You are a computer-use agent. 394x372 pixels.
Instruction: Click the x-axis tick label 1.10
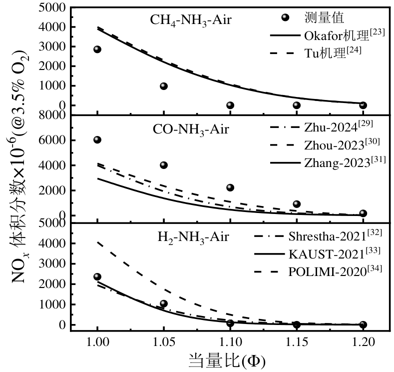click(230, 341)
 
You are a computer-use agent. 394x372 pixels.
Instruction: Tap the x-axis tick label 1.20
click(363, 341)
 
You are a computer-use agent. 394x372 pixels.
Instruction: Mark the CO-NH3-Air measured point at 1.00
click(97, 139)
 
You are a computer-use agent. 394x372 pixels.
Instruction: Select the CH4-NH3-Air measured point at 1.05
click(164, 86)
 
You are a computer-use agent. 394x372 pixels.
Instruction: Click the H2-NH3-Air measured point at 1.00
click(97, 276)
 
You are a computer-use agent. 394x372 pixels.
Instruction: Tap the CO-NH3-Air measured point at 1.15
click(297, 204)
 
